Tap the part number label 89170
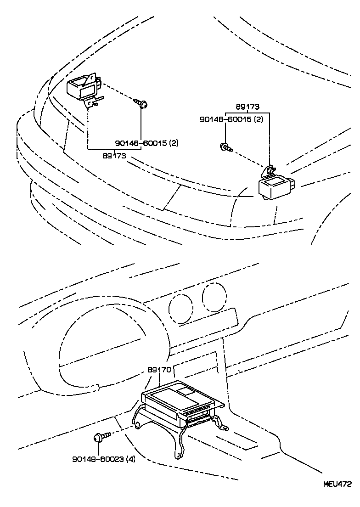(159, 369)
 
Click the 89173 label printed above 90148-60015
(247, 107)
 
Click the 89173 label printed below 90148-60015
(114, 156)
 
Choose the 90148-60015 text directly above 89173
(141, 143)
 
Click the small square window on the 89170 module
(187, 391)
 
